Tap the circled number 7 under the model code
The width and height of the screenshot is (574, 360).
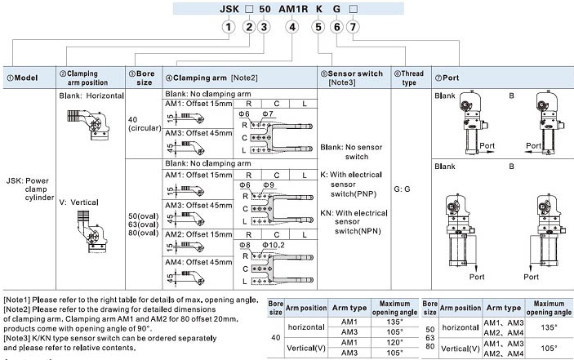(x=353, y=27)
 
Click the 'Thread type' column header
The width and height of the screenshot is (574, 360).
(x=410, y=77)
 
